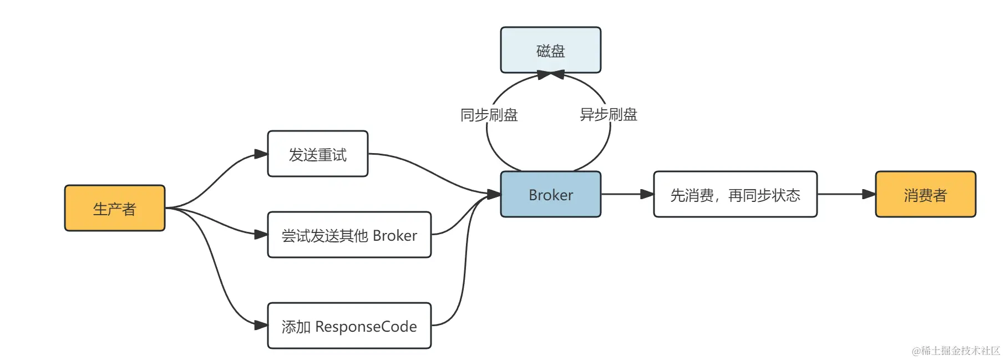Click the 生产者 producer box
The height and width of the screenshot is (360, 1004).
click(115, 208)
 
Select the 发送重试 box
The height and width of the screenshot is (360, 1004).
click(317, 154)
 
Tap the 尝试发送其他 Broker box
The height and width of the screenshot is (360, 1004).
click(349, 235)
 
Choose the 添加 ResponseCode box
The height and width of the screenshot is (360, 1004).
click(349, 326)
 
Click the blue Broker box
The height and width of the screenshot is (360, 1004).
click(550, 194)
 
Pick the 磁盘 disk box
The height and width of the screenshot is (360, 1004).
click(550, 50)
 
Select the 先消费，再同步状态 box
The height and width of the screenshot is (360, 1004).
click(735, 194)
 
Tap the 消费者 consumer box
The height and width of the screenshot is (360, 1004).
click(925, 194)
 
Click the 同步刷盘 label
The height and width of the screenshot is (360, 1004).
click(489, 115)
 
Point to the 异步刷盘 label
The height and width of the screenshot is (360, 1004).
click(609, 114)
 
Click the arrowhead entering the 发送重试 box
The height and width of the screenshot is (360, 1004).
click(261, 154)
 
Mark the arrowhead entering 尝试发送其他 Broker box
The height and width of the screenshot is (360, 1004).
click(261, 235)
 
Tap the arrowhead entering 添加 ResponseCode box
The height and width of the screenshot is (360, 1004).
click(261, 325)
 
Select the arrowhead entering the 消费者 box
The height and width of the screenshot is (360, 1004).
click(869, 194)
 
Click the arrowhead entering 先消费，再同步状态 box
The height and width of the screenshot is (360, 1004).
click(647, 194)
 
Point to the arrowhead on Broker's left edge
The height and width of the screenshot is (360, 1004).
click(494, 194)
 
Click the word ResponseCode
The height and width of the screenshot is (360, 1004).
click(366, 326)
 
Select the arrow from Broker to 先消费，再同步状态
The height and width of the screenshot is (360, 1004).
click(621, 194)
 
